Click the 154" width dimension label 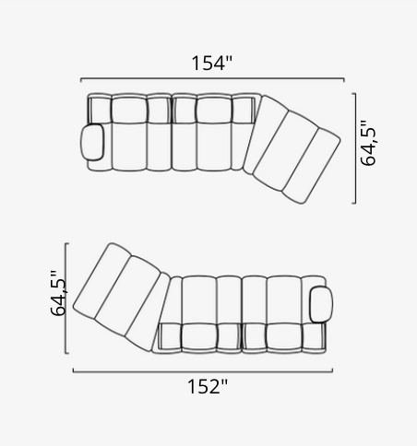tap(212, 63)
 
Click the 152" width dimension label tap(208, 386)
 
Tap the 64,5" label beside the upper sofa tap(368, 143)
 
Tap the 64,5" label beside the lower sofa tap(58, 293)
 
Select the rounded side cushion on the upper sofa tap(92, 142)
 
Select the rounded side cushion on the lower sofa tap(321, 304)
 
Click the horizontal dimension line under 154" tap(212, 79)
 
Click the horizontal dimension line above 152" tap(203, 371)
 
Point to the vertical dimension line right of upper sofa tap(355, 148)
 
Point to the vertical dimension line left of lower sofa tap(66, 298)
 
